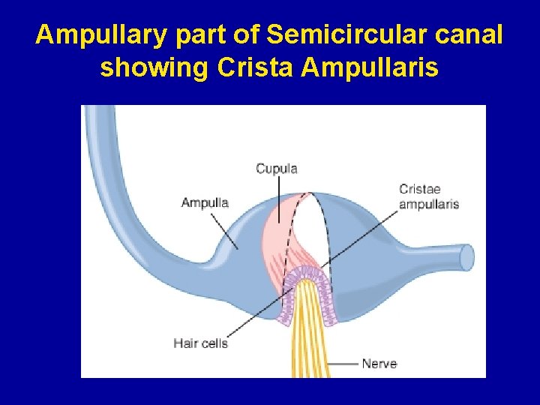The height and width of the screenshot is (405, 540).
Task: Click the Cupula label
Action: (277, 169)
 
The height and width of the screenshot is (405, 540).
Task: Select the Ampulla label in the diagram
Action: (205, 202)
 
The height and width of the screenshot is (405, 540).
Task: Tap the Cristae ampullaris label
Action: (428, 196)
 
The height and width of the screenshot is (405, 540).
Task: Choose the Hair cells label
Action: (200, 343)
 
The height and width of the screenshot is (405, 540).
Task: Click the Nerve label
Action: (379, 364)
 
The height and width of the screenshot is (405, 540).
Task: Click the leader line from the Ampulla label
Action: (224, 229)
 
